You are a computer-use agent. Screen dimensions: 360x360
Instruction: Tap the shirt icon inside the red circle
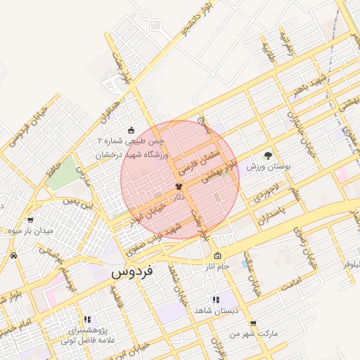coord(179,186)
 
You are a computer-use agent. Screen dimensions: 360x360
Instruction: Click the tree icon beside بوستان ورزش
coord(267,155)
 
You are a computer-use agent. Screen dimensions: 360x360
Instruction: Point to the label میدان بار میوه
coord(30,230)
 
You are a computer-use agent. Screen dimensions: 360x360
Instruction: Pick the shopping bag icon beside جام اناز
coord(218,256)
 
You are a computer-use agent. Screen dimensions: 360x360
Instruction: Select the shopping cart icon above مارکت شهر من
coord(253,323)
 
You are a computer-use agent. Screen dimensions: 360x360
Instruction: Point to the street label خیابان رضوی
coord(309,250)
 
